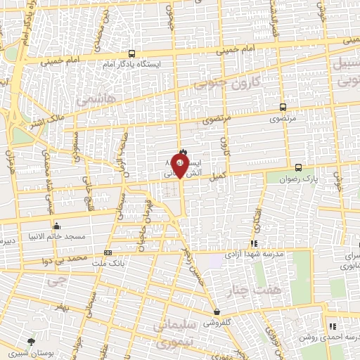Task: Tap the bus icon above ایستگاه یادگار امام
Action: pos(131,53)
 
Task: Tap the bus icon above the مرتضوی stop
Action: pos(283,108)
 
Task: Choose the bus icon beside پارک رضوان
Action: pos(299,167)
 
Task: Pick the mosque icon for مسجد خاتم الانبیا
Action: pos(56,226)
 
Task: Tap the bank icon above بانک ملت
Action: pos(108,252)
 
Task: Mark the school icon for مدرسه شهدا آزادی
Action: pos(253,243)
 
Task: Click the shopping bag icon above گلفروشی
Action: pos(217,311)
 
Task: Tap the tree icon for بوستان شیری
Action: pos(30,341)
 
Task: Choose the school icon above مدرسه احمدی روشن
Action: pos(333,326)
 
